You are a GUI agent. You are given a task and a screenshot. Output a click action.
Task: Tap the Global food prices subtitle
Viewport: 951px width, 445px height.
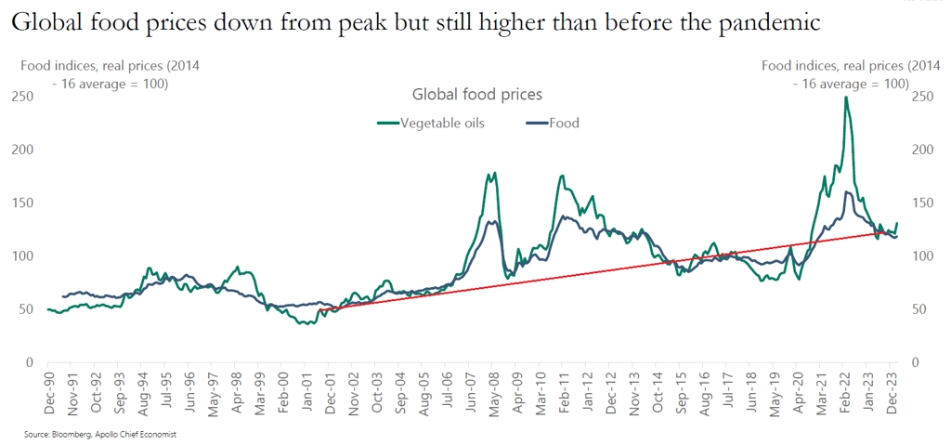tap(476, 94)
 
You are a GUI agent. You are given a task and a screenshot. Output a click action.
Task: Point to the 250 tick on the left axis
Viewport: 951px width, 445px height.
tap(20, 97)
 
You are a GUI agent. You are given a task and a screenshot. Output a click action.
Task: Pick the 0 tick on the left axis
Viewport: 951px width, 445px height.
tap(29, 362)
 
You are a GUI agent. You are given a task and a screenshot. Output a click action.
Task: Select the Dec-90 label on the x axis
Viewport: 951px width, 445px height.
tap(48, 394)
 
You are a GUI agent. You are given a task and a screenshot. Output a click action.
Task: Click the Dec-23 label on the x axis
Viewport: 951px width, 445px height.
tap(892, 394)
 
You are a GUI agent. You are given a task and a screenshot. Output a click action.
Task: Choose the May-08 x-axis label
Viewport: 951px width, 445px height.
tap(493, 394)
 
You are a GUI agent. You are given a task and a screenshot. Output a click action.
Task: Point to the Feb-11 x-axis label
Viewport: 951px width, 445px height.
tap(563, 394)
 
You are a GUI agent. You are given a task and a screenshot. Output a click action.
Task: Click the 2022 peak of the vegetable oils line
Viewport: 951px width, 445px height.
tap(845, 98)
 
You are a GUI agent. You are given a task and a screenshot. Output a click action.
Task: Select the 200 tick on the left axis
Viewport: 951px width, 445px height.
tap(20, 150)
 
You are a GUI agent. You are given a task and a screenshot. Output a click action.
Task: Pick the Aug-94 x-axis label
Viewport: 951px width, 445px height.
tap(142, 394)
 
